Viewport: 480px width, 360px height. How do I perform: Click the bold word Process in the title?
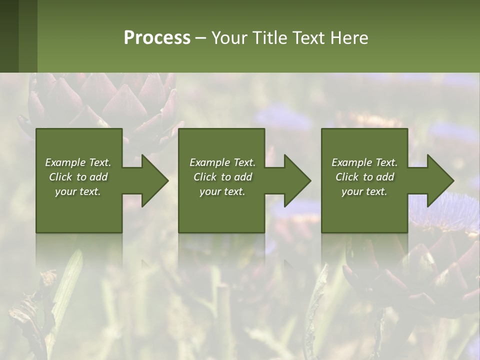pos(157,38)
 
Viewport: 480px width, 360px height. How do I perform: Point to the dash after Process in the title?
pos(201,38)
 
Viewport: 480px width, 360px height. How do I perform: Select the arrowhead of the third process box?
pos(439,180)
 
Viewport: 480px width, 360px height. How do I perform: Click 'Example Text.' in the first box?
pos(78,162)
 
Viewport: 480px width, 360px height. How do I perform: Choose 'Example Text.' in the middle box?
pos(222,162)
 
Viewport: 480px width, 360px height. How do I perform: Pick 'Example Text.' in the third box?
pos(364,162)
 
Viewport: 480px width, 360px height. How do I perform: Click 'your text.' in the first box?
pos(78,191)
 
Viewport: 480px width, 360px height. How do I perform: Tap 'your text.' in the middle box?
pos(222,191)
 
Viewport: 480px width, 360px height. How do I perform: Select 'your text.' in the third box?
pos(364,191)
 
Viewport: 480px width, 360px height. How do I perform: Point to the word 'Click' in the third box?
pos(347,177)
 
